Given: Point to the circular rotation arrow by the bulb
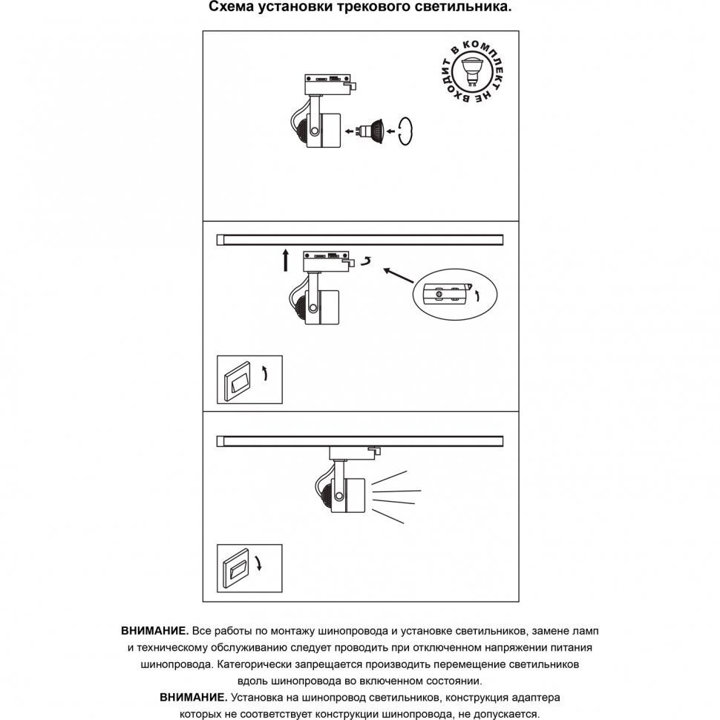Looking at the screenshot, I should pos(404,131).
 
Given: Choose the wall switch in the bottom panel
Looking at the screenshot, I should pos(237,568).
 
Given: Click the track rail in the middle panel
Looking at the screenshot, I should pos(359,239).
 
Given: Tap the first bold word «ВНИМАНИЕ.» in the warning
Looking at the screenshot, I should pos(154,631).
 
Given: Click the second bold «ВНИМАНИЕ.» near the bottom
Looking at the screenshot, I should pos(193,698).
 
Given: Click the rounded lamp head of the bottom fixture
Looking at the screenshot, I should pos(324,492).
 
